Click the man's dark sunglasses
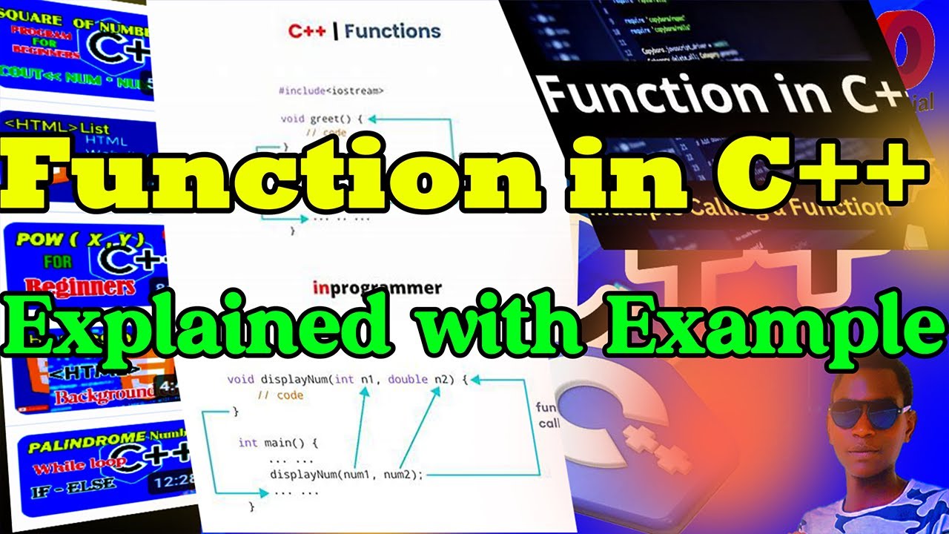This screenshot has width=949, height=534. click(x=869, y=412)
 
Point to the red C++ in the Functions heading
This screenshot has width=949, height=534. click(x=306, y=32)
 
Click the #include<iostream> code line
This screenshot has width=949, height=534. click(x=331, y=90)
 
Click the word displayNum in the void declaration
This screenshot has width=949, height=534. click(x=293, y=380)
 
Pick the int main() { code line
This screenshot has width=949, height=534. click(x=278, y=443)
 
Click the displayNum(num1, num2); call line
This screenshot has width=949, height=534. click(x=346, y=475)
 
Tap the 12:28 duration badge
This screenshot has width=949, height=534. click(x=171, y=482)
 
